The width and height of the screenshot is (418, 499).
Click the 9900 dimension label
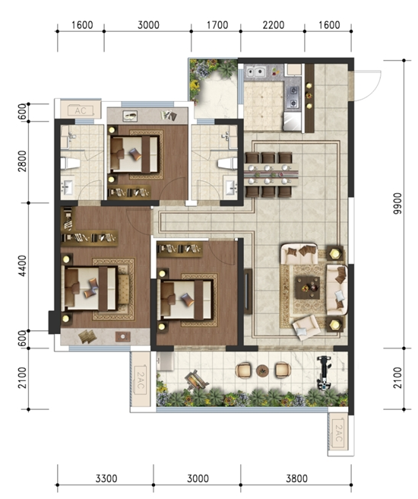[397, 203]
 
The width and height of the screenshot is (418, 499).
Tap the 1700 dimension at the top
[217, 25]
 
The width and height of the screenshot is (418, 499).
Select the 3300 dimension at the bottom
[106, 478]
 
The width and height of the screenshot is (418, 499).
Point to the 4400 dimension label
[22, 265]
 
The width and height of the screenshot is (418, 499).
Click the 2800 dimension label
[22, 161]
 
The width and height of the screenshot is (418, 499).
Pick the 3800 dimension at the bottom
[296, 478]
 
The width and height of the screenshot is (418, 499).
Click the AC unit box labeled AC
[81, 110]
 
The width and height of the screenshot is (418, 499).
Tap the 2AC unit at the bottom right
[338, 433]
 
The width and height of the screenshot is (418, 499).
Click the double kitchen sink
[255, 72]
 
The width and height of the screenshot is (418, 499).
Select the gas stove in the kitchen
[293, 97]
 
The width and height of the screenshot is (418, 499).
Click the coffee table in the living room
[307, 288]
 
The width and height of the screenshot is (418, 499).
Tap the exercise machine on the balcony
[325, 373]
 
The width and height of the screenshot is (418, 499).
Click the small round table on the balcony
[262, 370]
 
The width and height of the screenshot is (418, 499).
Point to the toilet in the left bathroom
[70, 164]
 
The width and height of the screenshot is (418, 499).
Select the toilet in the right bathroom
[227, 164]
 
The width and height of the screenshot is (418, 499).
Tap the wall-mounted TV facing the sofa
[248, 291]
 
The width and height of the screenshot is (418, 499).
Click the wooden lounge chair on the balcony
[196, 380]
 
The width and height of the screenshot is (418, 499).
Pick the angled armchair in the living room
[306, 328]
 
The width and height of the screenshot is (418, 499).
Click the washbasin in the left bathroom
[67, 188]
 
